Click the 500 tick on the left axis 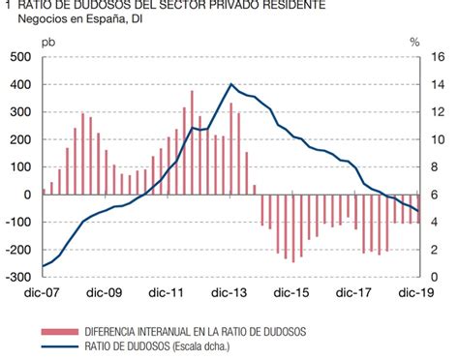[20, 57]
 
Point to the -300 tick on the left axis [18, 277]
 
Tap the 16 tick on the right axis [440, 57]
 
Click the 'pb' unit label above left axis [48, 42]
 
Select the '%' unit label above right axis [414, 42]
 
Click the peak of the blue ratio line [231, 85]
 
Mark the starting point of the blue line [44, 266]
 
